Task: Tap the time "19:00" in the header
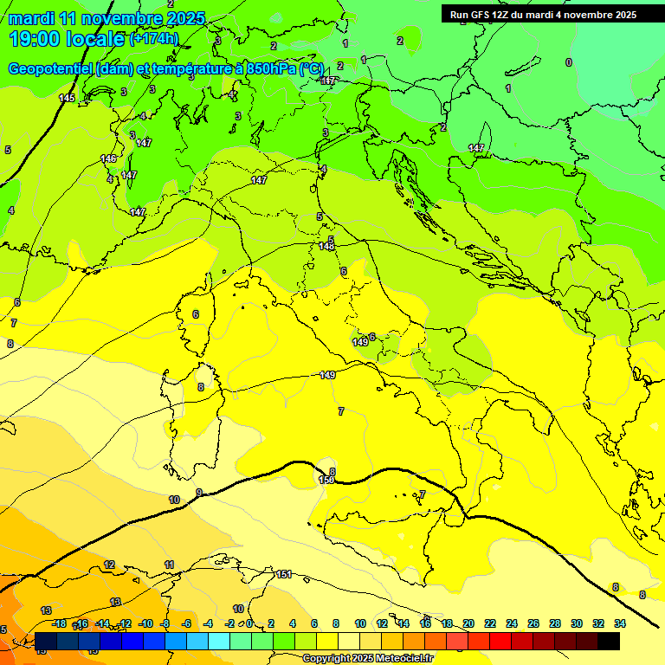coord(34,39)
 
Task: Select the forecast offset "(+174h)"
coord(155,39)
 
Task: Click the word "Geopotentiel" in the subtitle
coord(48,68)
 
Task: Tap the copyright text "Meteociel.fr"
coord(402,659)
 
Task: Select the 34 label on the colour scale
coord(619,623)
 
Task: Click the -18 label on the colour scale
coord(59,623)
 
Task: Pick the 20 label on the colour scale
coord(468,623)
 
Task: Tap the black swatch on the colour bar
coord(609,641)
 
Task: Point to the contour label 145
coord(67,98)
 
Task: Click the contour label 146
coord(108,158)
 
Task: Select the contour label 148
coord(326,247)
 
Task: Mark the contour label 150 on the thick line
coord(326,480)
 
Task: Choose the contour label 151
coord(284,574)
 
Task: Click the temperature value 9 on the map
coord(199,493)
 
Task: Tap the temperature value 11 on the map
coord(169,565)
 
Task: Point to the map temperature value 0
coord(568,62)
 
